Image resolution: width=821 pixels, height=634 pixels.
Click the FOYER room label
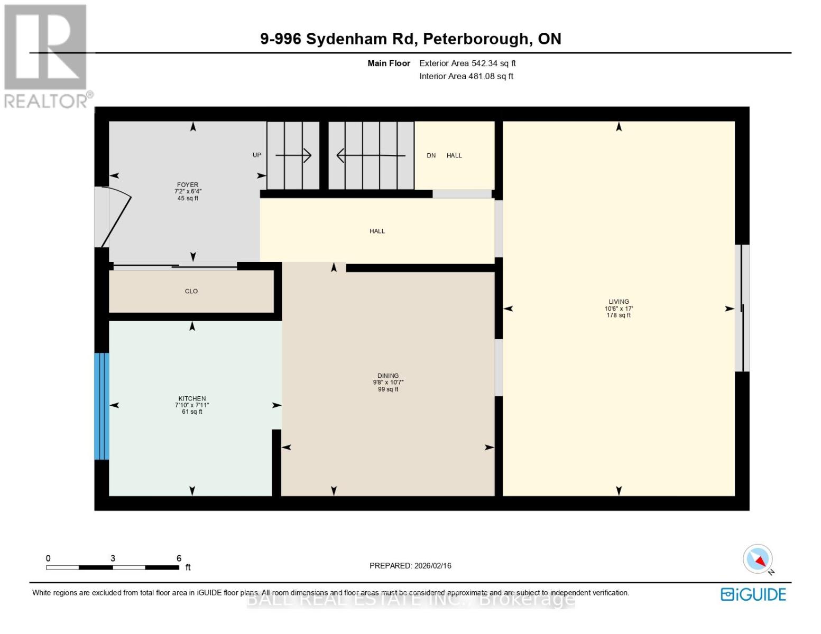click(x=188, y=185)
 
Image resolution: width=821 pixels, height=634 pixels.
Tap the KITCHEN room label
click(x=192, y=399)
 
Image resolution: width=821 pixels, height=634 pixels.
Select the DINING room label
click(x=388, y=376)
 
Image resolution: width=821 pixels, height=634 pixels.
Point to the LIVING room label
click(x=619, y=302)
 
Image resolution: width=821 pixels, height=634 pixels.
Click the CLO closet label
click(x=191, y=291)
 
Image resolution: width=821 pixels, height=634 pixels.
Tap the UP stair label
click(x=257, y=155)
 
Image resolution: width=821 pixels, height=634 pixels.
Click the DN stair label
click(x=431, y=155)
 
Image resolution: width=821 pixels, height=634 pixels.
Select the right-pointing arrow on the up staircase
click(x=293, y=155)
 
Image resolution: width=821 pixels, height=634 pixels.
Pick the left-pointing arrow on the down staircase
click(x=371, y=155)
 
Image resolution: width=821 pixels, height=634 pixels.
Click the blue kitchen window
click(x=102, y=406)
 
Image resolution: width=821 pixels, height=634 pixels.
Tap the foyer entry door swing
click(x=116, y=217)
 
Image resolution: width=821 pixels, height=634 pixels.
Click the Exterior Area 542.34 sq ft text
click(x=467, y=63)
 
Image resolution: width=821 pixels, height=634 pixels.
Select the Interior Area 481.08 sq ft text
click(x=466, y=76)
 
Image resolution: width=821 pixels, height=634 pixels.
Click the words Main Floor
click(x=389, y=63)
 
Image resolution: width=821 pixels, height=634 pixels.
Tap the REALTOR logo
click(x=47, y=55)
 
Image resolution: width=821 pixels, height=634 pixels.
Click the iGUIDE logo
click(x=753, y=594)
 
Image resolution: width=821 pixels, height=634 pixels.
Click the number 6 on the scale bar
click(x=179, y=558)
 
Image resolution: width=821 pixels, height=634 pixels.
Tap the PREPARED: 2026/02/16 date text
click(x=410, y=566)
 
